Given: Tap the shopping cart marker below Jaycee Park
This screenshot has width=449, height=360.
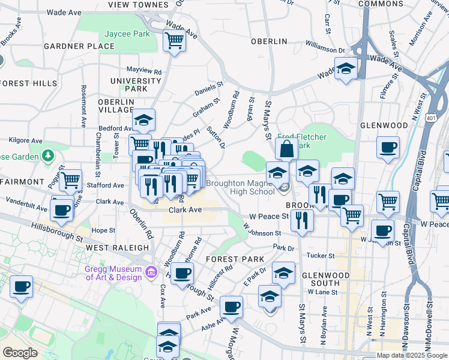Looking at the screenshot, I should pos(174,41).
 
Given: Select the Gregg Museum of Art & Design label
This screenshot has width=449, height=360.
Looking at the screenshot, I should pos(113,273).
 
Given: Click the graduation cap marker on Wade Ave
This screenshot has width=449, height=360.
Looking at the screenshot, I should pos(346,68).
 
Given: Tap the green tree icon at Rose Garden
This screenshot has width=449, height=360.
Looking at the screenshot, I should pos(48,157).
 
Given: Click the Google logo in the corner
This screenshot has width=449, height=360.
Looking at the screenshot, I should pos(20,353).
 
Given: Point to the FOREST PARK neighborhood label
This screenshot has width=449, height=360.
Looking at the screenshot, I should pos(235,259).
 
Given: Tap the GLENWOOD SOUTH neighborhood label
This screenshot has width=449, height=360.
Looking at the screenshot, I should pos(327,279).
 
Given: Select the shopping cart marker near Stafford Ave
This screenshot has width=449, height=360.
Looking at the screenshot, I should pos(71,179).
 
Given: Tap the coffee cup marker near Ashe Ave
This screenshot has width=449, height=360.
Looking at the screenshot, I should pos(231,307).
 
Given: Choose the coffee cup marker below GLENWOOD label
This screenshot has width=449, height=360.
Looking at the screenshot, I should pos(388,146).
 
